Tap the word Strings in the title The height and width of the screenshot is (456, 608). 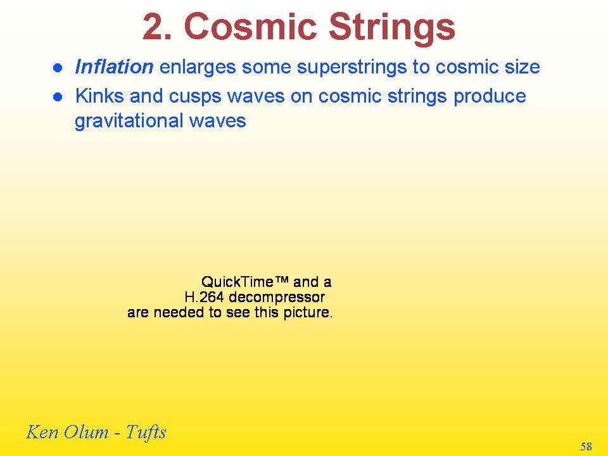pyautogui.click(x=392, y=30)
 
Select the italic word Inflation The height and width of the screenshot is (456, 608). pyautogui.click(x=114, y=66)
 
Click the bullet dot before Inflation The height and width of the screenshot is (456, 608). pyautogui.click(x=58, y=68)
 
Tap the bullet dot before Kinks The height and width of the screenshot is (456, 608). pyautogui.click(x=58, y=97)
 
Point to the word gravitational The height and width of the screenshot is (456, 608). pyautogui.click(x=129, y=122)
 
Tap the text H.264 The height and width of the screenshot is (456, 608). pyautogui.click(x=205, y=298)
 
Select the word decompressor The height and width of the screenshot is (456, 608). pyautogui.click(x=277, y=298)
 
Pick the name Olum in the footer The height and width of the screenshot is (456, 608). pyautogui.click(x=86, y=432)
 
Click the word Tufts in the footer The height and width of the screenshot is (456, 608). pyautogui.click(x=146, y=433)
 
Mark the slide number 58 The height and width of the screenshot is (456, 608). pyautogui.click(x=586, y=446)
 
